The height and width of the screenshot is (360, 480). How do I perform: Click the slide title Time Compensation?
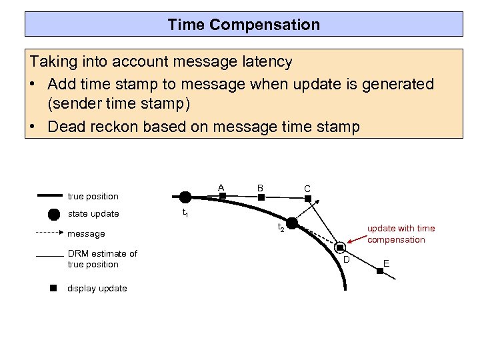244,25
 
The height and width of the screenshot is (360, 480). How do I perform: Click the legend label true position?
93,196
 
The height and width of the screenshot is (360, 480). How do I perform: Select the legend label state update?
93,214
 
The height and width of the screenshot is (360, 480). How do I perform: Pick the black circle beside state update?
54,214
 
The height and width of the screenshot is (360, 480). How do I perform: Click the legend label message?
87,234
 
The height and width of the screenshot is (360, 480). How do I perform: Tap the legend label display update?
97,289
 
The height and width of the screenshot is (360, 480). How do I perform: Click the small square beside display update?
54,289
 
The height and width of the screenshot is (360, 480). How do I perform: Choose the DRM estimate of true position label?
102,259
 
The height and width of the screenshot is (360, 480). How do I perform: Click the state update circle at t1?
185,197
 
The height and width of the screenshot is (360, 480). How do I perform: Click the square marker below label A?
223,196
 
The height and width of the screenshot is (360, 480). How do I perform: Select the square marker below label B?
261,197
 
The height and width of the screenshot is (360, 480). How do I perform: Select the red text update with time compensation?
401,234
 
